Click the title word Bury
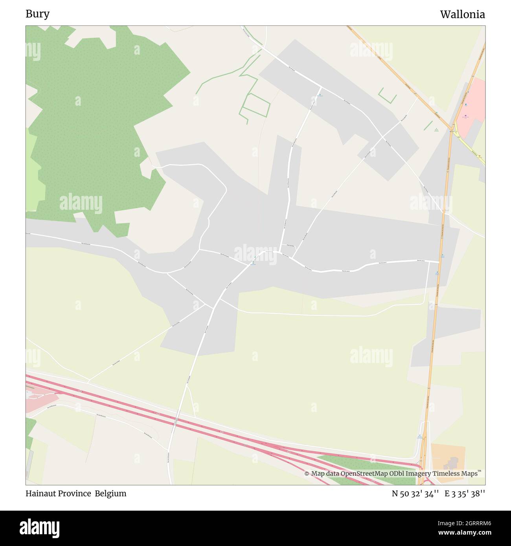click(37, 14)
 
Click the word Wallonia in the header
click(462, 15)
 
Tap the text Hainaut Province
click(58, 494)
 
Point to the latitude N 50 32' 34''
click(415, 494)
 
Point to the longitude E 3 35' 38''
click(465, 494)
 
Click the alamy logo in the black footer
click(40, 528)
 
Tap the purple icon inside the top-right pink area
click(465, 116)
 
